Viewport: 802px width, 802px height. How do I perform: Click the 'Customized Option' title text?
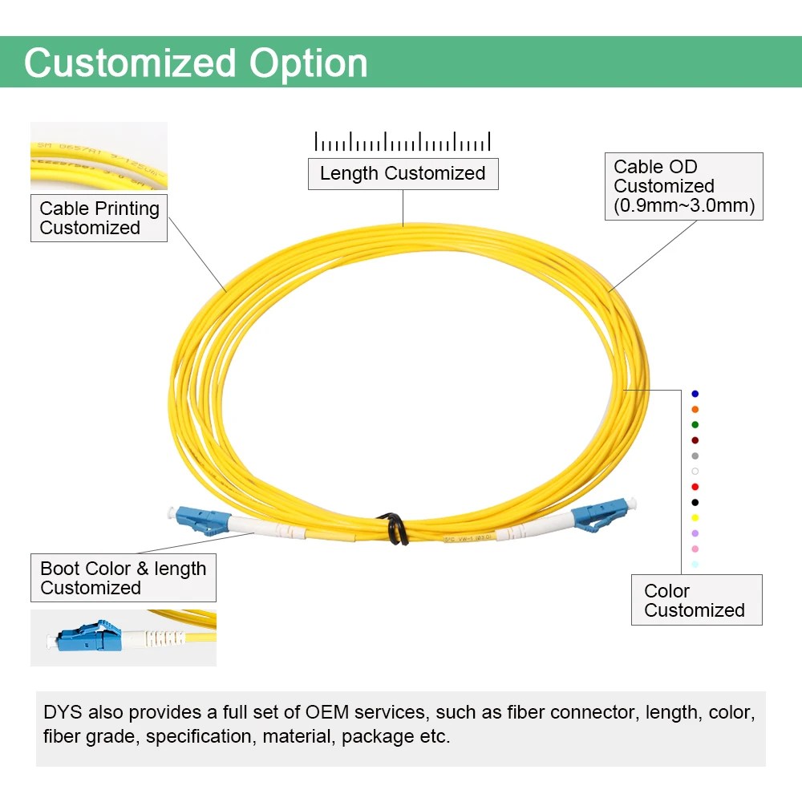pyautogui.click(x=196, y=63)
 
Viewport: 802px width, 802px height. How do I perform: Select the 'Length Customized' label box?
pyautogui.click(x=403, y=174)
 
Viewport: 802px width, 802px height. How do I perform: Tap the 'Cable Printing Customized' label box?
pyautogui.click(x=99, y=218)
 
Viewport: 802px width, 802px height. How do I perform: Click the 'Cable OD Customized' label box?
pyautogui.click(x=683, y=187)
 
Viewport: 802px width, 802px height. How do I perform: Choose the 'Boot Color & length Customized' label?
pyautogui.click(x=124, y=578)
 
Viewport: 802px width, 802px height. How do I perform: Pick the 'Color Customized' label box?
pyautogui.click(x=695, y=601)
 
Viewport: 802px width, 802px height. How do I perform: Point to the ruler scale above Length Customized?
pyautogui.click(x=403, y=142)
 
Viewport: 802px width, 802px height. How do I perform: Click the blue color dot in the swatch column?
pyautogui.click(x=695, y=394)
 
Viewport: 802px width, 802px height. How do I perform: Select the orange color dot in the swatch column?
pyautogui.click(x=695, y=409)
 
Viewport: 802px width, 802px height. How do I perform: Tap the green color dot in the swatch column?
pyautogui.click(x=695, y=424)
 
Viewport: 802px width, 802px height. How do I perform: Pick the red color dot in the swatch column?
pyautogui.click(x=695, y=487)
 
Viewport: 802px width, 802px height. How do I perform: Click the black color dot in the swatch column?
pyautogui.click(x=695, y=502)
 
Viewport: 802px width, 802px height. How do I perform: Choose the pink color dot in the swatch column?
pyautogui.click(x=695, y=549)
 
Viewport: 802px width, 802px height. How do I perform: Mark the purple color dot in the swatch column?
pyautogui.click(x=695, y=533)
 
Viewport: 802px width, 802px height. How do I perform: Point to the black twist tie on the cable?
pyautogui.click(x=395, y=527)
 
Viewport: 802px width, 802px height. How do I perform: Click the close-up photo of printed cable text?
pyautogui.click(x=99, y=156)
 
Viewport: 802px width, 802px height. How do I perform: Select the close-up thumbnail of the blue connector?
pyautogui.click(x=123, y=638)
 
